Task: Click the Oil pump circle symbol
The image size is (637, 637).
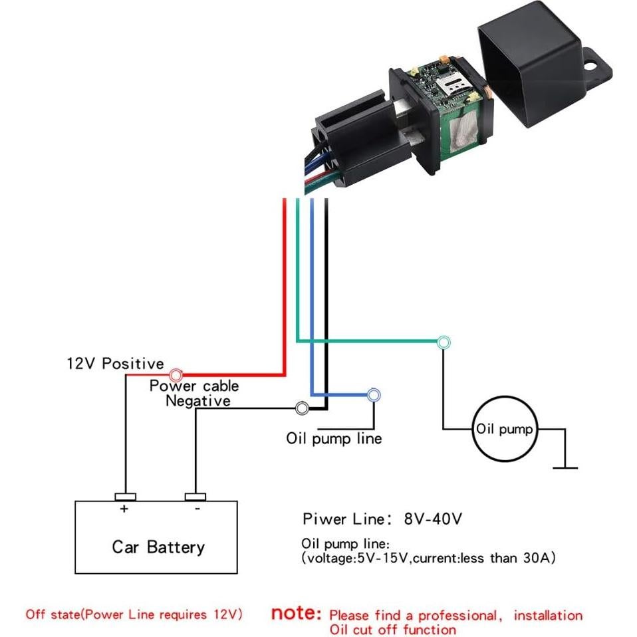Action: (x=505, y=429)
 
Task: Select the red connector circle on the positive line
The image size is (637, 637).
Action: (x=176, y=375)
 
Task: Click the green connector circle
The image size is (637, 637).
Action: (x=444, y=342)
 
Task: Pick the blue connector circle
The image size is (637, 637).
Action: (x=374, y=395)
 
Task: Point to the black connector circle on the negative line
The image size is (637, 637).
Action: (x=301, y=408)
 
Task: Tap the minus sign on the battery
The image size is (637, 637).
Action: (x=197, y=509)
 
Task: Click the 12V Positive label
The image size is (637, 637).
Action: (x=114, y=364)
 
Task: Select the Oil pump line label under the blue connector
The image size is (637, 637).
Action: (x=334, y=439)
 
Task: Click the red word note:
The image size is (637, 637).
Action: (x=296, y=613)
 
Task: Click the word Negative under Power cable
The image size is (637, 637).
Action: (x=197, y=400)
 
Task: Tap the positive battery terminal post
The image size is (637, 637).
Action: (x=124, y=497)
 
